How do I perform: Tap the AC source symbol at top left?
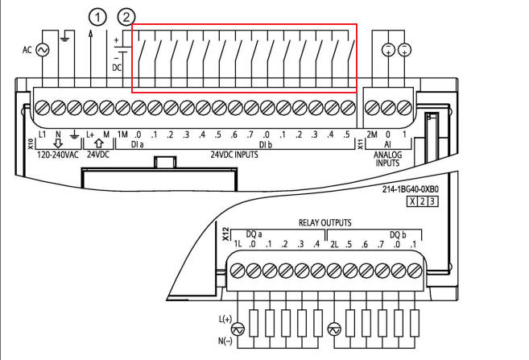tap(38, 50)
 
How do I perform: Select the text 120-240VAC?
tap(59, 154)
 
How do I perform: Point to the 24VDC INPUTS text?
tap(234, 154)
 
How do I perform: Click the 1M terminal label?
tap(122, 134)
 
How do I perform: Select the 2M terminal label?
tap(371, 134)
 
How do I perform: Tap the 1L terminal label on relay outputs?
tap(238, 244)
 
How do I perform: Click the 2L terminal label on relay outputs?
tap(334, 244)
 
